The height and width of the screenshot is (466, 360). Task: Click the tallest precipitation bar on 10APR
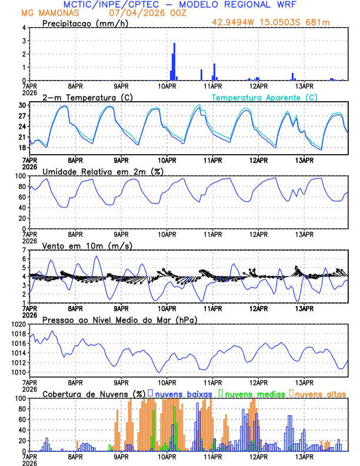174,61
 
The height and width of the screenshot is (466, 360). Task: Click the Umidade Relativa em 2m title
103,171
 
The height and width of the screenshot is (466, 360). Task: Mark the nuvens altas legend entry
318,393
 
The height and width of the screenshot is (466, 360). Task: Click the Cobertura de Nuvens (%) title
94,393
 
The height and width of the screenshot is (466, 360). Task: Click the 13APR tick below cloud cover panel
304,456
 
